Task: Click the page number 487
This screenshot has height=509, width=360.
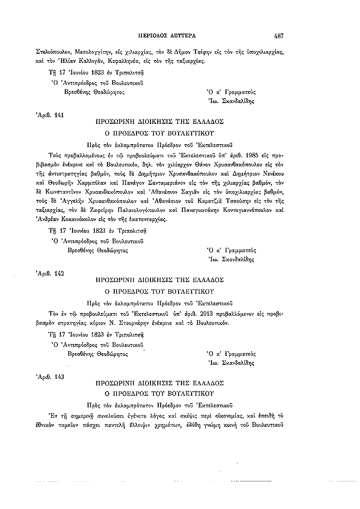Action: pos(278,35)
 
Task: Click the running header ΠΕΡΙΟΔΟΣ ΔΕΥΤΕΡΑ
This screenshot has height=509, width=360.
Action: pos(174,35)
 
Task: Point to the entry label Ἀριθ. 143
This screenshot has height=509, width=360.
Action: pos(50,376)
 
